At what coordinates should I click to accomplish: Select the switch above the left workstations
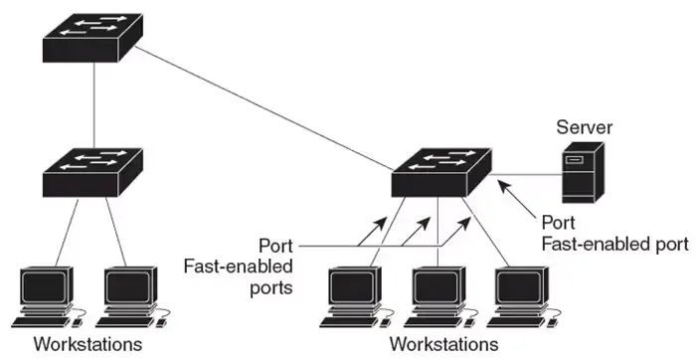click(93, 171)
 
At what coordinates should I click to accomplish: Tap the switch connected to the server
click(441, 171)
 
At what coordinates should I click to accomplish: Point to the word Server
click(585, 127)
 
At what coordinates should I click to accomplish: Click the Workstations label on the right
click(443, 345)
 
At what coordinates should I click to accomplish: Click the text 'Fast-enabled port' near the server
click(613, 243)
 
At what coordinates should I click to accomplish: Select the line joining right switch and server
click(524, 174)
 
